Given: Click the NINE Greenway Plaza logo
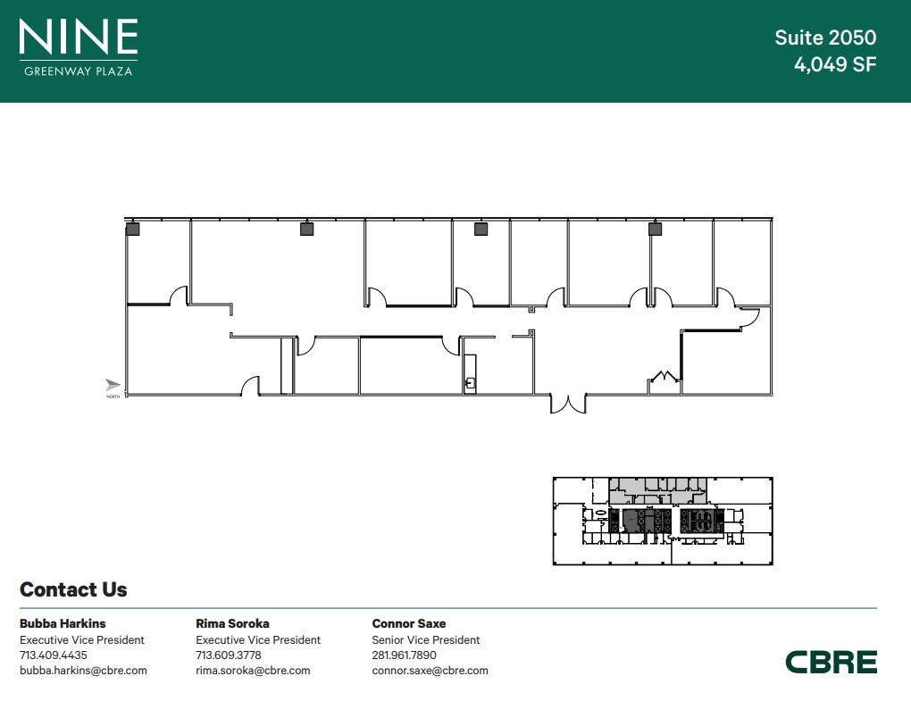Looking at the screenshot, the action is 79,47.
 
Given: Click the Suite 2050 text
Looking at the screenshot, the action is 825,38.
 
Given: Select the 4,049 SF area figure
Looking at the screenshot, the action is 835,64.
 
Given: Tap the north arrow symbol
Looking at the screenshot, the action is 113,385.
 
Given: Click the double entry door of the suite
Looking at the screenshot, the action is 568,405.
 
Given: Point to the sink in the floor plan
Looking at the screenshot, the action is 470,383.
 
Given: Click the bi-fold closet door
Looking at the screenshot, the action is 664,376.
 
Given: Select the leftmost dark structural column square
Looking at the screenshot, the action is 132,229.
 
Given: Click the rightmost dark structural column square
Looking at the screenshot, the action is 655,229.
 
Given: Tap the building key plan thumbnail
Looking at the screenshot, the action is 663,521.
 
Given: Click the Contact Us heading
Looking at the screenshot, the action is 73,589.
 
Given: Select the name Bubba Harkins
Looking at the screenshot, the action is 63,624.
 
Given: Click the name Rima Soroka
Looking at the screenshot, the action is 232,624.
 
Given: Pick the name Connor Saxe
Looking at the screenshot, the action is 409,624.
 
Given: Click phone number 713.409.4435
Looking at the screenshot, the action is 54,655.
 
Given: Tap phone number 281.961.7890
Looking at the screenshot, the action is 405,655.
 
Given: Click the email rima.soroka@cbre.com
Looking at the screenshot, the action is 253,671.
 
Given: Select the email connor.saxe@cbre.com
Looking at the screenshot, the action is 430,671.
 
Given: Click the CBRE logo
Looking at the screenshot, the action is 832,662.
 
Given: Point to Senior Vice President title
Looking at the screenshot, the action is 426,640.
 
